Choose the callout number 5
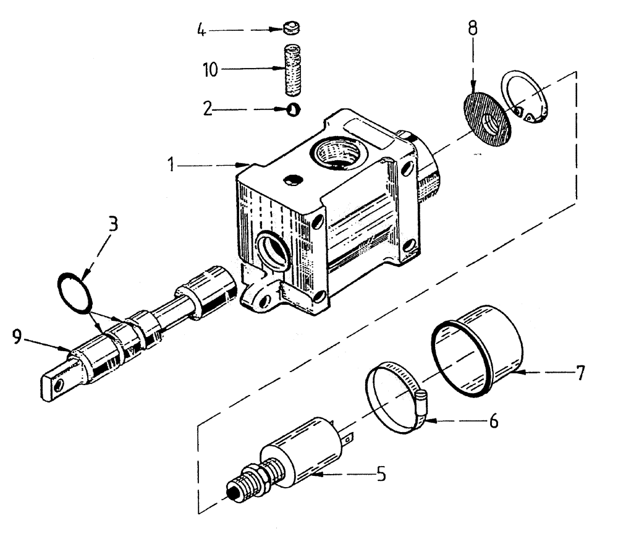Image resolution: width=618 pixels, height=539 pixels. coord(382,475)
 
